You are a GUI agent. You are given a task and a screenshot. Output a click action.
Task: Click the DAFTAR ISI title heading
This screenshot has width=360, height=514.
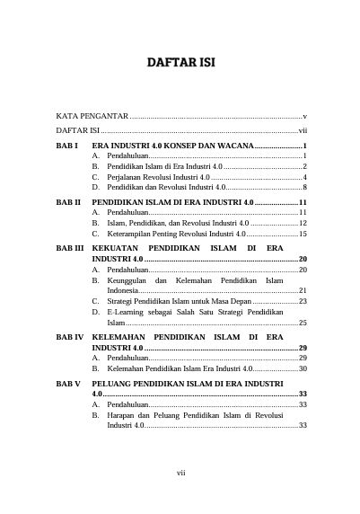point(180,62)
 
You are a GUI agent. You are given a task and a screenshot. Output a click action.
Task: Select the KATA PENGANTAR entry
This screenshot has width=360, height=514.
point(92,117)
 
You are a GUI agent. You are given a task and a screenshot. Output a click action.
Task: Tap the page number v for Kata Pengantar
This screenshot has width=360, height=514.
point(306,117)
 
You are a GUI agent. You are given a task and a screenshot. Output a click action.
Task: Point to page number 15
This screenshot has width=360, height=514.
point(303,234)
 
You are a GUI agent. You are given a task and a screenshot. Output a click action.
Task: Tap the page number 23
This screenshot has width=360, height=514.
point(303,301)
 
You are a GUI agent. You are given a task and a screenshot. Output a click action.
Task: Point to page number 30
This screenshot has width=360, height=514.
point(303,368)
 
